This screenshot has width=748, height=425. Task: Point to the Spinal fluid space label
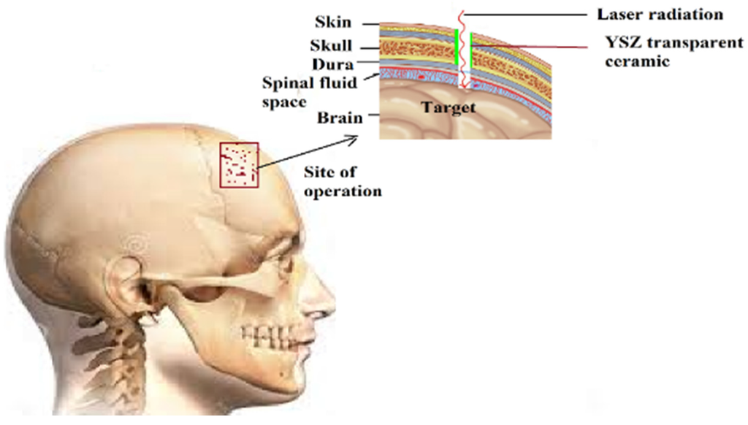pos(310,91)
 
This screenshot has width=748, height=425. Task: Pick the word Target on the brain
pos(448,108)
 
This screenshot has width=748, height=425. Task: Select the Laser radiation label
pos(660,14)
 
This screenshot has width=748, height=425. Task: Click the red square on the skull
pos(239,164)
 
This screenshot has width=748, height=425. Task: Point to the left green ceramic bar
pos(457,47)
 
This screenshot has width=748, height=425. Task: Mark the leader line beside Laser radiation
pos(527,14)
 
